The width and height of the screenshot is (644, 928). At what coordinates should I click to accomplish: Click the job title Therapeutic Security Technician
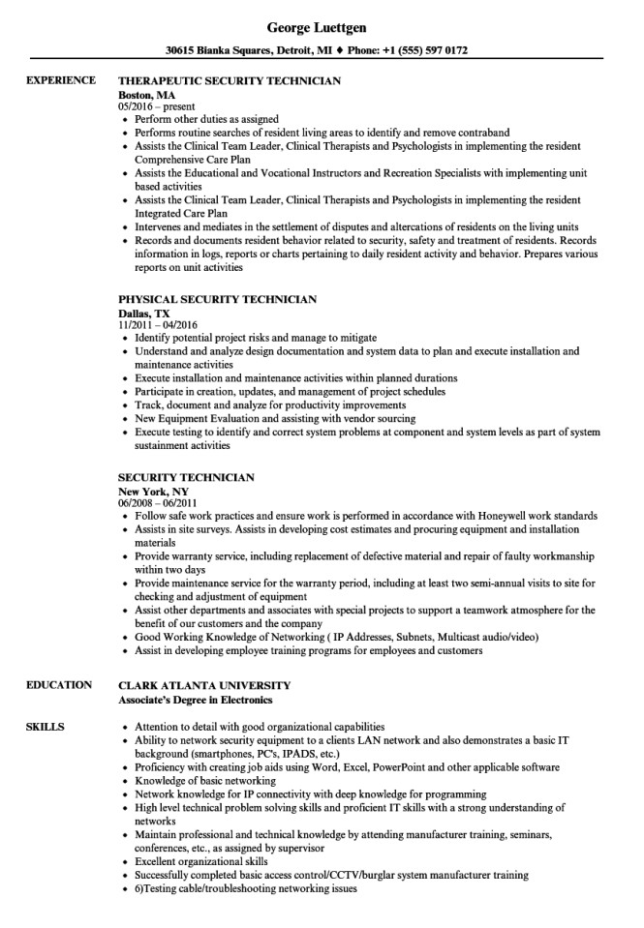pyautogui.click(x=229, y=82)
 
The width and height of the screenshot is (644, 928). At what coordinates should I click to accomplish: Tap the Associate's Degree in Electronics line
pyautogui.click(x=195, y=699)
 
